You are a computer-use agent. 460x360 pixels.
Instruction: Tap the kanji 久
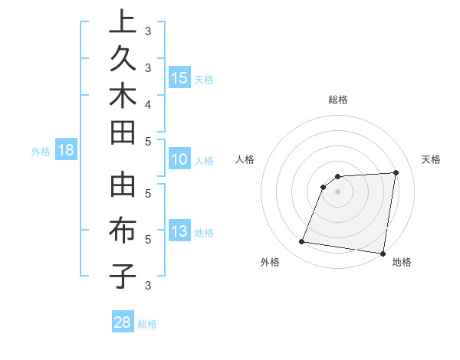tap(122, 60)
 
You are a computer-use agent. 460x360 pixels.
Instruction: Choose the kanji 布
tap(122, 231)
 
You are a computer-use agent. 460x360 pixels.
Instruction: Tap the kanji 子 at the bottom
tap(122, 275)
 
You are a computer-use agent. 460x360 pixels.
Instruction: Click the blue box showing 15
tap(179, 77)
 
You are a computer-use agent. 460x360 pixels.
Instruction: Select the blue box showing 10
tap(179, 159)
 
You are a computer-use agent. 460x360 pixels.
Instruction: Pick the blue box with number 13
tap(179, 231)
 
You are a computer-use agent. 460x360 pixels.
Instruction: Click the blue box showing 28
tap(122, 322)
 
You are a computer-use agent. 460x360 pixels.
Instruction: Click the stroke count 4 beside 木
tap(147, 103)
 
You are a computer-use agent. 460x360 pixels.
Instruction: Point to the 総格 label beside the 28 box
tap(147, 324)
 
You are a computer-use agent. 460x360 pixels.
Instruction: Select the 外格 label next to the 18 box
tap(41, 152)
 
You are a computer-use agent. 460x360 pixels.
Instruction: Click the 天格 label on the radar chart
tap(431, 159)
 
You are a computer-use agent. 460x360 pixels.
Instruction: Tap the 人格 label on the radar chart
tap(245, 159)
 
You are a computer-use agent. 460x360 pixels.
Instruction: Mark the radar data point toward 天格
tap(396, 172)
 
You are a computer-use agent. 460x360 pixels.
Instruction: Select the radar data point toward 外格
tap(301, 242)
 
